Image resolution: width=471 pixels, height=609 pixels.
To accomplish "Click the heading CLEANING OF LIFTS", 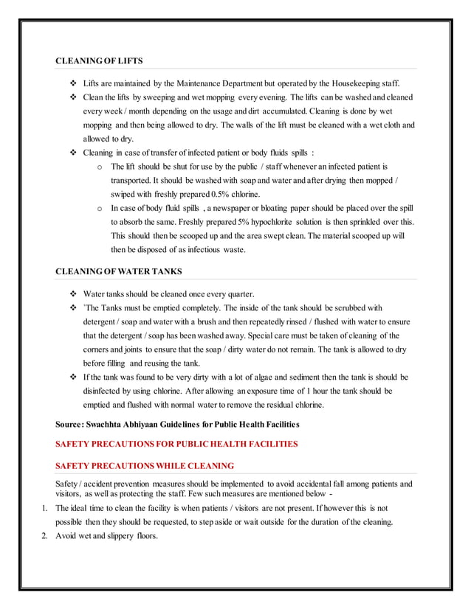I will coord(100,60).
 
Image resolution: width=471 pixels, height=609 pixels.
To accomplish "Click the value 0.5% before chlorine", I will coord(219,194).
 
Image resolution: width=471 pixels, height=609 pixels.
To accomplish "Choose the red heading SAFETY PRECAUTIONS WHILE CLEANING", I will coord(145,465).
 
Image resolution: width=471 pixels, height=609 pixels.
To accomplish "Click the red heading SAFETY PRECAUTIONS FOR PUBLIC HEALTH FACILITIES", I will coord(177,444).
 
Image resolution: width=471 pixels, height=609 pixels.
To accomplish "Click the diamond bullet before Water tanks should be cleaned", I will coord(72,294).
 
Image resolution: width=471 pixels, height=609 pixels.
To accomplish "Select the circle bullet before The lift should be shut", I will coord(100,167).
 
